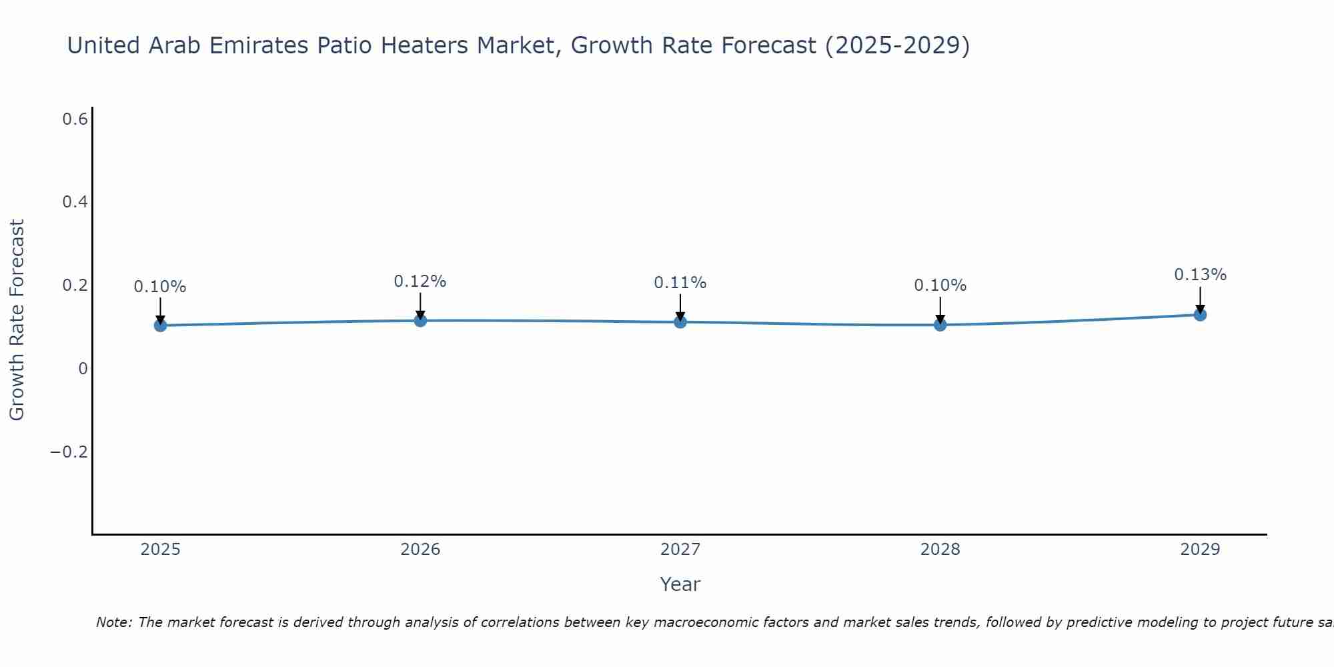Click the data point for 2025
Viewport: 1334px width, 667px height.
click(160, 325)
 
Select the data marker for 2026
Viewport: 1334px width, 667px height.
click(420, 321)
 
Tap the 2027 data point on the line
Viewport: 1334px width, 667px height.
click(680, 322)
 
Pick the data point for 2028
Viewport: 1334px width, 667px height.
click(940, 325)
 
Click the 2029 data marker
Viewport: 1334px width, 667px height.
click(1200, 315)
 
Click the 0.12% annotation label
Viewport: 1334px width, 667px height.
click(420, 281)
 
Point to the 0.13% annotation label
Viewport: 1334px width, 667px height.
click(1200, 275)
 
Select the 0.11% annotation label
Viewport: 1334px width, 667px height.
click(680, 283)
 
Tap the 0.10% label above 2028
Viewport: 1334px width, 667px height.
click(940, 285)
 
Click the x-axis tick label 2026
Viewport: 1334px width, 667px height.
click(420, 550)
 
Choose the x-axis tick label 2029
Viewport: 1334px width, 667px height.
click(1200, 550)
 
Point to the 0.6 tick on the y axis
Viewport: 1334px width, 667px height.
click(75, 119)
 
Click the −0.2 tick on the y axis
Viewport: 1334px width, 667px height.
click(69, 452)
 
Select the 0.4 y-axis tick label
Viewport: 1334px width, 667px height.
click(75, 202)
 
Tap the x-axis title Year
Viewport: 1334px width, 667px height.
click(680, 584)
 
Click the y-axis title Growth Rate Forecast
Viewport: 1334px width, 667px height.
click(17, 320)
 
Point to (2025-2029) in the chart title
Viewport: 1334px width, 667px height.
click(897, 45)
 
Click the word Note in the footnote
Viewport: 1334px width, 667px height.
click(113, 623)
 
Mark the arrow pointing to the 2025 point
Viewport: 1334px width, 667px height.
click(160, 310)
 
